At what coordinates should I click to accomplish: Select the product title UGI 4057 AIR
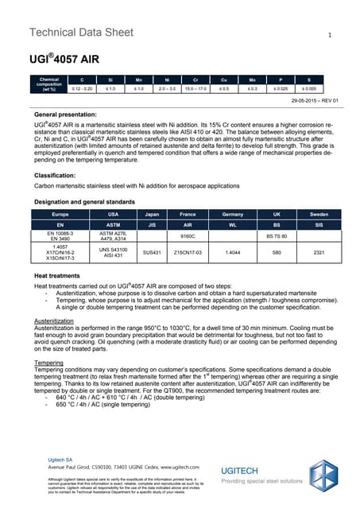(x=61, y=59)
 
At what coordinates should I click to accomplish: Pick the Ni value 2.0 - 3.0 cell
(x=168, y=89)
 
